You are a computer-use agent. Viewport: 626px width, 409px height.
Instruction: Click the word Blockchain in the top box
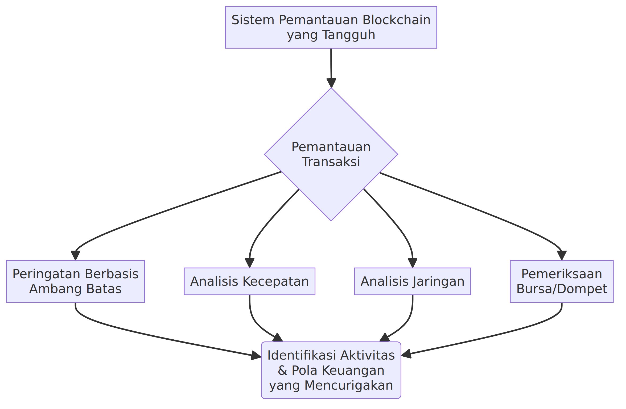(397, 20)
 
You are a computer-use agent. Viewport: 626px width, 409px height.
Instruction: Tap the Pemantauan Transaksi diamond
(331, 154)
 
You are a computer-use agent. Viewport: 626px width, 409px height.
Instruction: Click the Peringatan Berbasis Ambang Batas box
(76, 281)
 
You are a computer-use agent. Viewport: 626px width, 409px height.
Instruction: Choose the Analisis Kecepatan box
(250, 281)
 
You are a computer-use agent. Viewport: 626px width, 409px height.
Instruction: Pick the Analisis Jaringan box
(413, 281)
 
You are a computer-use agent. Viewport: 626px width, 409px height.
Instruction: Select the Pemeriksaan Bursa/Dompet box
(562, 281)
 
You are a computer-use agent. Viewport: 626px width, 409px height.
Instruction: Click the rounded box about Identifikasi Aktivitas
(331, 370)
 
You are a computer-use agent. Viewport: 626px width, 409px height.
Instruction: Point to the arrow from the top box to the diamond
(331, 68)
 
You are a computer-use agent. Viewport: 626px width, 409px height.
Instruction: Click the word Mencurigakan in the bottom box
(349, 385)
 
